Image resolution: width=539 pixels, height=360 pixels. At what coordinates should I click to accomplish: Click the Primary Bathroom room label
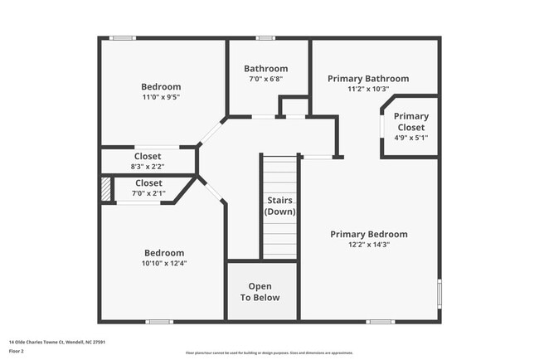point(368,79)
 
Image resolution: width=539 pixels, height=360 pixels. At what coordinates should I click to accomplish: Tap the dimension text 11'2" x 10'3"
point(368,89)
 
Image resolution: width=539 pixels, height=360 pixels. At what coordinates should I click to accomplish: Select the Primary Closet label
point(410,122)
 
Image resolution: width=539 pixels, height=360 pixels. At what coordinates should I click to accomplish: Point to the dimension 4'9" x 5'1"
point(410,139)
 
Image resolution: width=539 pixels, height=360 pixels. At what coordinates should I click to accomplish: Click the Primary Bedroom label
point(368,234)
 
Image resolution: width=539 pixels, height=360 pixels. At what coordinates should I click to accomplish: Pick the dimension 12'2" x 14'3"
point(368,245)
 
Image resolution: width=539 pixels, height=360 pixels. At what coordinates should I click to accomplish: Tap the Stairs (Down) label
point(279,206)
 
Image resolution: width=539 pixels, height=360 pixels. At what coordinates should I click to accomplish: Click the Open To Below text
point(260,292)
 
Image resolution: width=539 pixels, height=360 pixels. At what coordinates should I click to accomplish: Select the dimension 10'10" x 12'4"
point(164,264)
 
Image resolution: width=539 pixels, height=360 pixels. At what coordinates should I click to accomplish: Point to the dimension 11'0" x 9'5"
point(161,97)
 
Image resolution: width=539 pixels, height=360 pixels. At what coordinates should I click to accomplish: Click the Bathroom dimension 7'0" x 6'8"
point(265,79)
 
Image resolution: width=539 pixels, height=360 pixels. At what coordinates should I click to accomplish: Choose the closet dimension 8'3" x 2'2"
point(148,167)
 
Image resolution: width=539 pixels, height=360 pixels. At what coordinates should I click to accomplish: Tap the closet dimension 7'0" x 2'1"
point(148,193)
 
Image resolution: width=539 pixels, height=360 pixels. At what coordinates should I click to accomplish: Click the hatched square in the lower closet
point(105,188)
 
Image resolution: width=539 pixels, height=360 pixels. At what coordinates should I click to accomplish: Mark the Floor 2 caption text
point(16,351)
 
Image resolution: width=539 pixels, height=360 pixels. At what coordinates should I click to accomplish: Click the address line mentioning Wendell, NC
point(56,341)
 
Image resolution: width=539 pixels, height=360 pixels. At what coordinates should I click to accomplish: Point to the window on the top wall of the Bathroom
point(265,37)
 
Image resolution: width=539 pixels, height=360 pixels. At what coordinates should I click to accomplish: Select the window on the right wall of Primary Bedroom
point(439,294)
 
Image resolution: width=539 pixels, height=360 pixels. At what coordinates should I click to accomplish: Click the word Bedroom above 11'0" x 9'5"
point(161,86)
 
